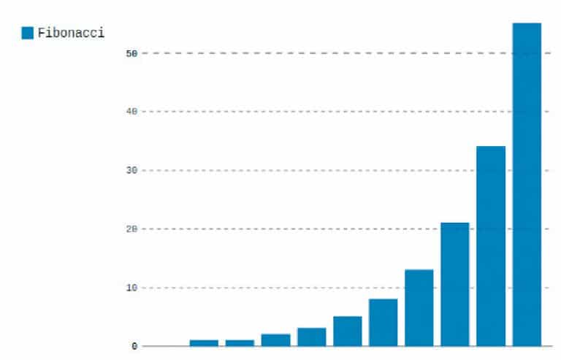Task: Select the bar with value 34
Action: (491, 245)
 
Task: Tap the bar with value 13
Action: (419, 307)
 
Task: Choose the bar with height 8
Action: (383, 322)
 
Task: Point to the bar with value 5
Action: (348, 331)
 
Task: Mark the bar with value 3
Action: (312, 337)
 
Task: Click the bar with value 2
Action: (276, 340)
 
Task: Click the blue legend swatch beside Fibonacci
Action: (28, 33)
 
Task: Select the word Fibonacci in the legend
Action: (71, 33)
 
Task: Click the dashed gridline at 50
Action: (292, 53)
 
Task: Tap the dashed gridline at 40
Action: (292, 112)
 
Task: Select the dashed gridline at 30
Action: (292, 170)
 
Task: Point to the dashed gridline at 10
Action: (256, 288)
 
